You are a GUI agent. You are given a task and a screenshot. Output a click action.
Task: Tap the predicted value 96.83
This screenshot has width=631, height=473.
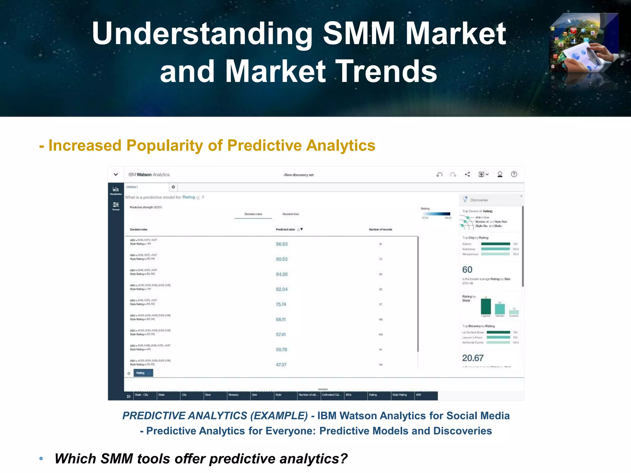pyautogui.click(x=282, y=244)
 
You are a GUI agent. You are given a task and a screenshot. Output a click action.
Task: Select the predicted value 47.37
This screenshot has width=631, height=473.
pyautogui.click(x=281, y=365)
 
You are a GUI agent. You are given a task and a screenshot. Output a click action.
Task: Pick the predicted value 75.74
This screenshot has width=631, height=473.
pyautogui.click(x=281, y=304)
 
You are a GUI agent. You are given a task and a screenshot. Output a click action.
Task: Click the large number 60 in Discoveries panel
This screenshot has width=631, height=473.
pyautogui.click(x=467, y=270)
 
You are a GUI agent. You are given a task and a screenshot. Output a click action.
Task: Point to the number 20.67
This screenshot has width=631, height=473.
pyautogui.click(x=473, y=358)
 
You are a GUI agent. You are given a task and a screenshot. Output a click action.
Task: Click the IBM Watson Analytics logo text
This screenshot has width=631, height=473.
pyautogui.click(x=149, y=175)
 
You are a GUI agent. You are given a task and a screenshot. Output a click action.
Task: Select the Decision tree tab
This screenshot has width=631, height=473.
pyautogui.click(x=291, y=214)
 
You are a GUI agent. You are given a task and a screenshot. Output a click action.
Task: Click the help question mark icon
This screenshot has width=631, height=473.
pyautogui.click(x=514, y=174)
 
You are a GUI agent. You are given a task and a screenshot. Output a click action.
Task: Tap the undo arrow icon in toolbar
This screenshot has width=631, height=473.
pyautogui.click(x=439, y=175)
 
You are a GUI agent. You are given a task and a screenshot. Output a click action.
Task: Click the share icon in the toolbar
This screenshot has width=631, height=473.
pyautogui.click(x=467, y=174)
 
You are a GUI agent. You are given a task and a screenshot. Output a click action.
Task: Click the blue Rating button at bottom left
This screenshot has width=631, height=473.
pyautogui.click(x=143, y=373)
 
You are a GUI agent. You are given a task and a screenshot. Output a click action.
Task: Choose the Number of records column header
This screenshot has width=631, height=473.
pyautogui.click(x=381, y=229)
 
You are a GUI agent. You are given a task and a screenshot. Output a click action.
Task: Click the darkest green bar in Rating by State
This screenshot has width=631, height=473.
pyautogui.click(x=486, y=306)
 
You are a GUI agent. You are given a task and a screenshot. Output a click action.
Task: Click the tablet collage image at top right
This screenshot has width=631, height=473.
pyautogui.click(x=584, y=43)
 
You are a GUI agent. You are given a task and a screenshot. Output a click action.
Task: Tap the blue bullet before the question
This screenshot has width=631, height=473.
pyautogui.click(x=41, y=459)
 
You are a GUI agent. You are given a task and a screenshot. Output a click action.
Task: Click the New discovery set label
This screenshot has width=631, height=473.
pyautogui.click(x=299, y=175)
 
